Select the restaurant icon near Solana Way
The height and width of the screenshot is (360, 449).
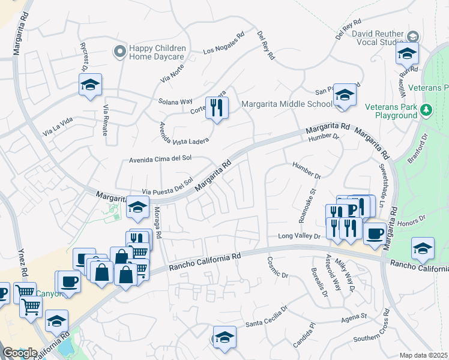click(216, 107)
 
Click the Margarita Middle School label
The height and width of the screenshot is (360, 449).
click(286, 104)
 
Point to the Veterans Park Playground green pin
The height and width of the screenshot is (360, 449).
click(426, 110)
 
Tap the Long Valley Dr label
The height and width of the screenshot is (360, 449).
click(300, 236)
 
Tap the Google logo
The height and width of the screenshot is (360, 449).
click(19, 353)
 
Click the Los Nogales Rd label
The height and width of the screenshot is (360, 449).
click(224, 43)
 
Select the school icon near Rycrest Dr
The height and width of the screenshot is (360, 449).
click(90, 85)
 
